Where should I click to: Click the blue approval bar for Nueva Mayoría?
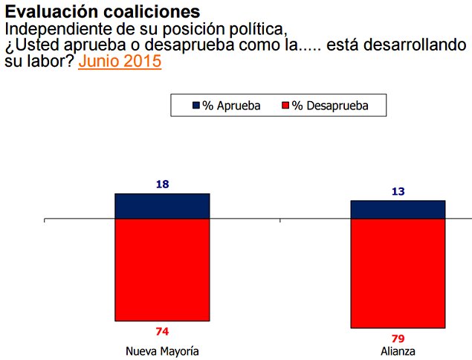click(x=162, y=207)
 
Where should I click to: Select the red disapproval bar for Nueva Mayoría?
click(x=162, y=271)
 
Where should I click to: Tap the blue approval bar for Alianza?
click(x=398, y=210)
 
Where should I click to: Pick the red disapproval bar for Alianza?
click(x=398, y=274)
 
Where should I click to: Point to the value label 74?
click(x=162, y=332)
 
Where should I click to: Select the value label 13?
click(x=398, y=191)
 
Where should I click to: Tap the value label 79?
click(x=398, y=338)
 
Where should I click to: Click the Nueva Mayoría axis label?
click(x=162, y=350)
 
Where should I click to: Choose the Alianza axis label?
click(x=398, y=350)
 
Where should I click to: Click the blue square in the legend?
click(x=197, y=106)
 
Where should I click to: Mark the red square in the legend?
click(x=285, y=106)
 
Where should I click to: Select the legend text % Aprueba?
click(x=232, y=106)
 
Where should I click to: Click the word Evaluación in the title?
click(x=44, y=13)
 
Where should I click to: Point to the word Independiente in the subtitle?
click(x=51, y=29)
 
